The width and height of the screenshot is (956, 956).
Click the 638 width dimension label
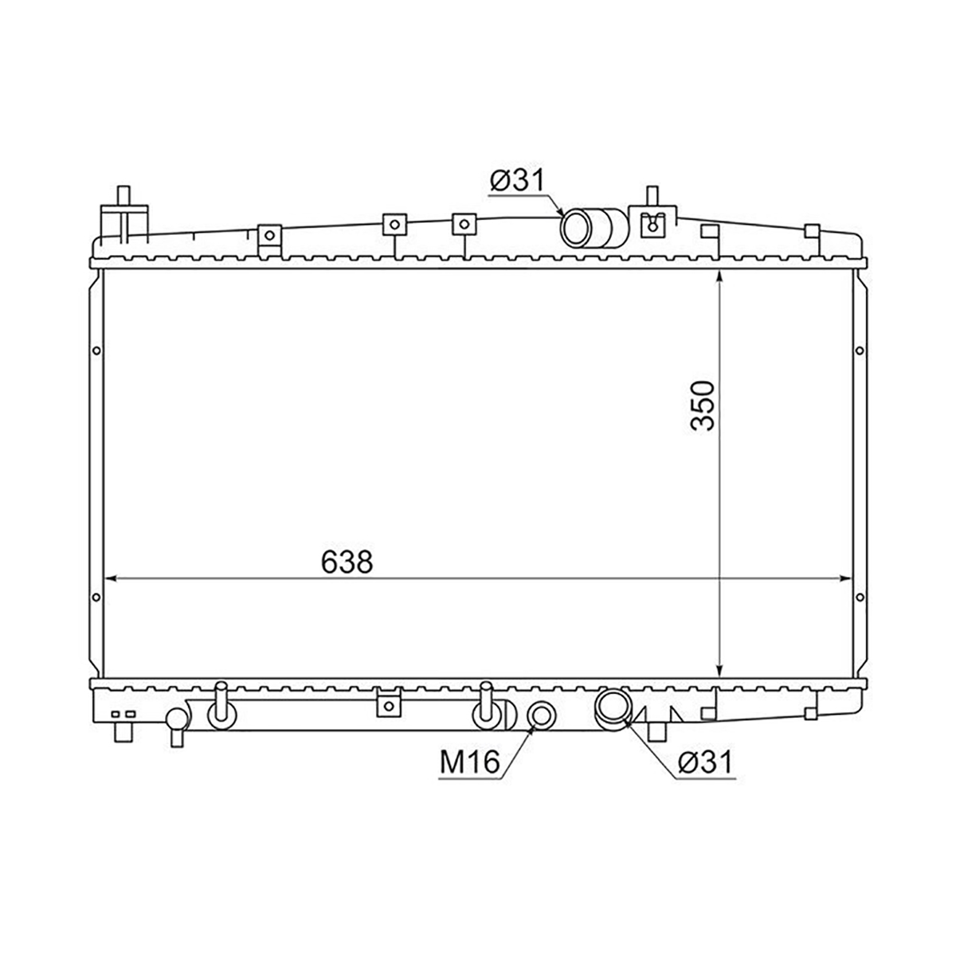347,562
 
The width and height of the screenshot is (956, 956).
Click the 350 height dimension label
703,406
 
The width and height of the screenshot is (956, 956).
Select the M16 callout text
469,762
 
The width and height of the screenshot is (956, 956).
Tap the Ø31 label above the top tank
517,180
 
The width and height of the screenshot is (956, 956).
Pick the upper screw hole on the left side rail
96,351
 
